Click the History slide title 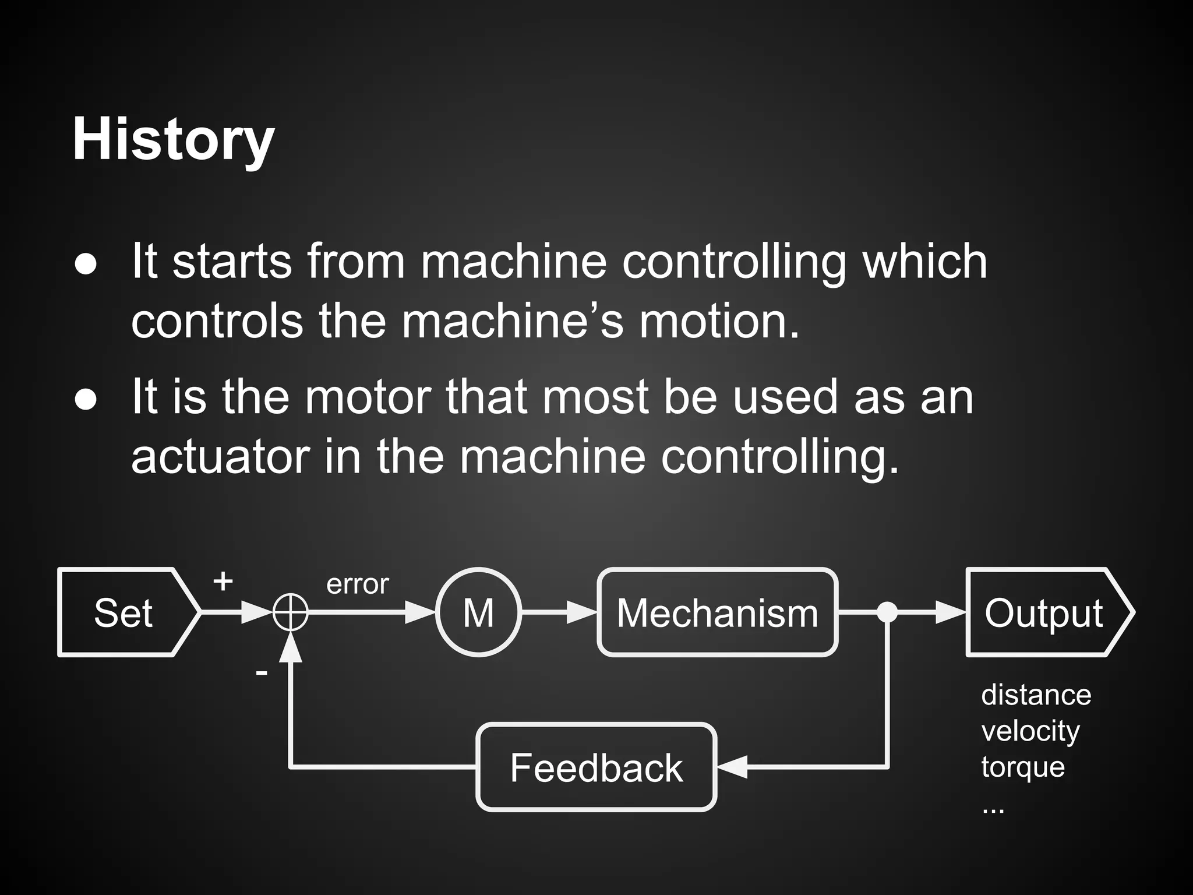coord(173,140)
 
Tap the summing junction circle coord(290,612)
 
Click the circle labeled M coord(478,612)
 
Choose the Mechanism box coord(718,612)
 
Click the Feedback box coord(596,767)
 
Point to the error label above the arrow coord(357,584)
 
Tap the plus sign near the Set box coord(223,581)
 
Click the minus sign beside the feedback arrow coord(262,674)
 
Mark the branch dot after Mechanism coord(887,612)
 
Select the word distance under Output coord(1036,695)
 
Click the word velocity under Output coord(1030,731)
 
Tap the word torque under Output coord(1023,767)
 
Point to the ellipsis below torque coord(993,809)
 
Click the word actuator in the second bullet coord(220,457)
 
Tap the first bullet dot coord(86,263)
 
